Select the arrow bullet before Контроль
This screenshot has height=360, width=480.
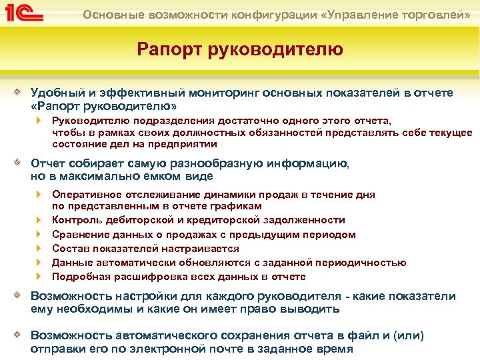coord(39,220)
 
